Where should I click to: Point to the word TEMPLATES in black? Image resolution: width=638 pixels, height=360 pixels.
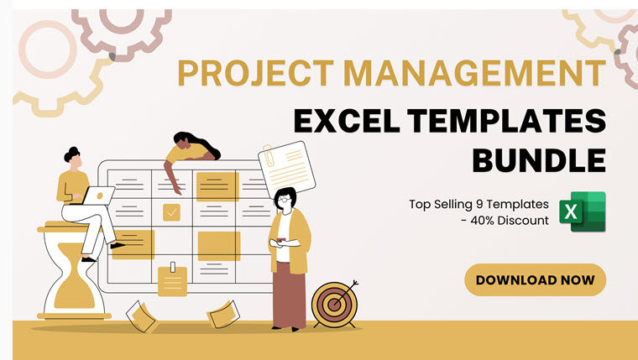(507, 121)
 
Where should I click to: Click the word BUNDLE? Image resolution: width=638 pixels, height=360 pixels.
(539, 160)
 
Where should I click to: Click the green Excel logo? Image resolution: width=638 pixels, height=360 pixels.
(583, 211)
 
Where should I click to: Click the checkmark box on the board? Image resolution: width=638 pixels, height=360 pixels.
(172, 212)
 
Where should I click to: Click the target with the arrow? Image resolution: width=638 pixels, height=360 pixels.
(334, 304)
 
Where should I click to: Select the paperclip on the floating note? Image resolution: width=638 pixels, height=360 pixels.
(268, 155)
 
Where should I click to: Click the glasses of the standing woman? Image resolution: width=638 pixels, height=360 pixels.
(285, 200)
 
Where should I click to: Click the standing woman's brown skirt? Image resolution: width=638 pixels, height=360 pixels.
(290, 295)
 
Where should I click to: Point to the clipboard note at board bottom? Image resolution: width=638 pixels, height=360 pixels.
(173, 280)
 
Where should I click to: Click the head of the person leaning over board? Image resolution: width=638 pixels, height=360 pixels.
(183, 140)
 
